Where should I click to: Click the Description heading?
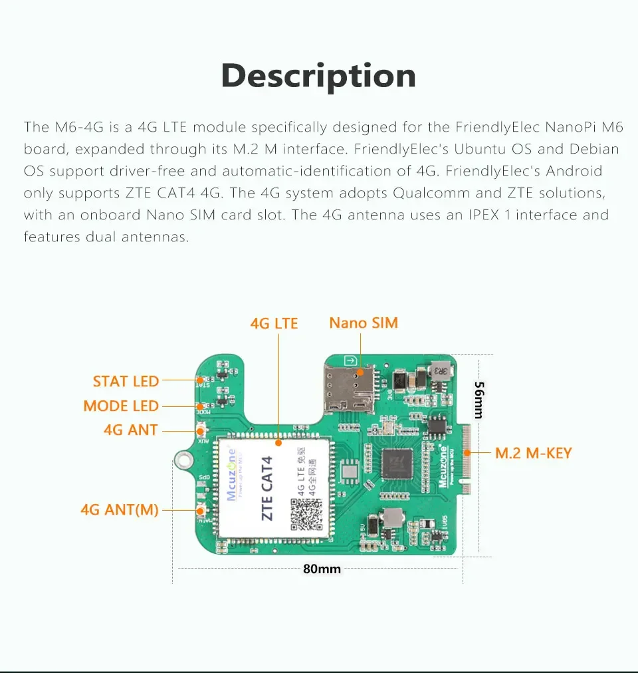318,76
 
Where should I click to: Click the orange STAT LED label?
126,381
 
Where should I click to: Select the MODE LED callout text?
121,406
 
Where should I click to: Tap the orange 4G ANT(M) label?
120,511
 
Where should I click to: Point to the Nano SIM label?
364,323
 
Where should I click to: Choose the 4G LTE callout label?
274,324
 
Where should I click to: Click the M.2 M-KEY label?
533,454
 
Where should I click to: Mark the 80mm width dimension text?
322,569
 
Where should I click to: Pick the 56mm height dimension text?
478,399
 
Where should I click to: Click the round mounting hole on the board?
183,459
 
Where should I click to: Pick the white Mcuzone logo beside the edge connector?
443,466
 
